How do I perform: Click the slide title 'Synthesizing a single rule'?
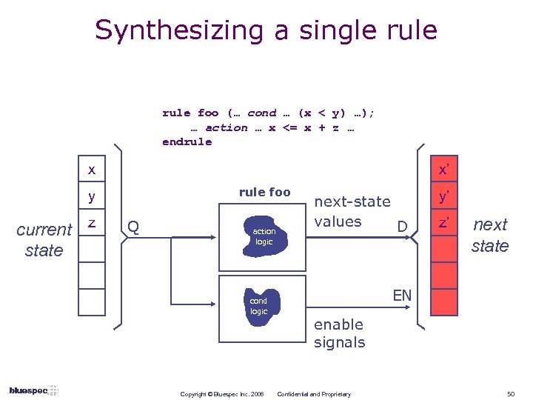pyautogui.click(x=266, y=30)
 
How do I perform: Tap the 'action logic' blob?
pyautogui.click(x=264, y=236)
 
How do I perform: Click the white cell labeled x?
pyautogui.click(x=92, y=170)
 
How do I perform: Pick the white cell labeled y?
pyautogui.click(x=92, y=197)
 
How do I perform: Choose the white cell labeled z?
pyautogui.click(x=92, y=224)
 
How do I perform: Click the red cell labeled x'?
pyautogui.click(x=443, y=170)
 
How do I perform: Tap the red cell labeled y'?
pyautogui.click(x=443, y=197)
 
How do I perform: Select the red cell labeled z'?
pyautogui.click(x=443, y=224)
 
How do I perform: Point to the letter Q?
pyautogui.click(x=133, y=224)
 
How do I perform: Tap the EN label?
pyautogui.click(x=402, y=296)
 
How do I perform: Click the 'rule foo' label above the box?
pyautogui.click(x=264, y=192)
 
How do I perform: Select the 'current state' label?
pyautogui.click(x=44, y=240)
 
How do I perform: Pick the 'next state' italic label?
pyautogui.click(x=490, y=235)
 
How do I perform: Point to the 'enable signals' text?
pyautogui.click(x=339, y=333)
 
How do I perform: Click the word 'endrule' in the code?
pyautogui.click(x=187, y=141)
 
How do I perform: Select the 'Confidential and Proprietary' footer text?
pyautogui.click(x=314, y=393)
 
